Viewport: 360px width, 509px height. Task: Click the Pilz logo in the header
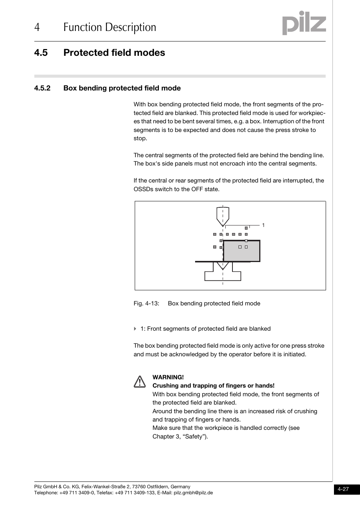pos(304,23)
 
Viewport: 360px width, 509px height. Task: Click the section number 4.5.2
pos(42,88)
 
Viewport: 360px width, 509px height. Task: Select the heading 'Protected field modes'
pos(114,53)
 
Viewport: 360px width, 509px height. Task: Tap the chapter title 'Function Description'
pos(109,27)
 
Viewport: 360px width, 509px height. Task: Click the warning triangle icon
pos(139,382)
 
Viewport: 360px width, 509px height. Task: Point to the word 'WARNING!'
pos(168,377)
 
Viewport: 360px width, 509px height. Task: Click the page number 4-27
pos(343,489)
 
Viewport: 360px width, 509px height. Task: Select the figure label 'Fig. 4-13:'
pos(146,304)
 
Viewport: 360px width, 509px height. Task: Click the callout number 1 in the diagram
pos(263,225)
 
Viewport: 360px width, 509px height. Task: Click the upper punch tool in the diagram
pos(223,216)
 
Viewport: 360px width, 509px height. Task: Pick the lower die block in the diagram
pos(223,274)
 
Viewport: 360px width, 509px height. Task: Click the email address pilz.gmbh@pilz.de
pos(193,493)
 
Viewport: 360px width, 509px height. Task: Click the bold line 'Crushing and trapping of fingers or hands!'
pos(213,386)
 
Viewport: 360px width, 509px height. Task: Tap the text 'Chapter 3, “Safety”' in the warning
pos(180,437)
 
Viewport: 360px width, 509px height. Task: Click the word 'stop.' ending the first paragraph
pos(140,138)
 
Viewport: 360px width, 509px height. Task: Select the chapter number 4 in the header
pos(37,27)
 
